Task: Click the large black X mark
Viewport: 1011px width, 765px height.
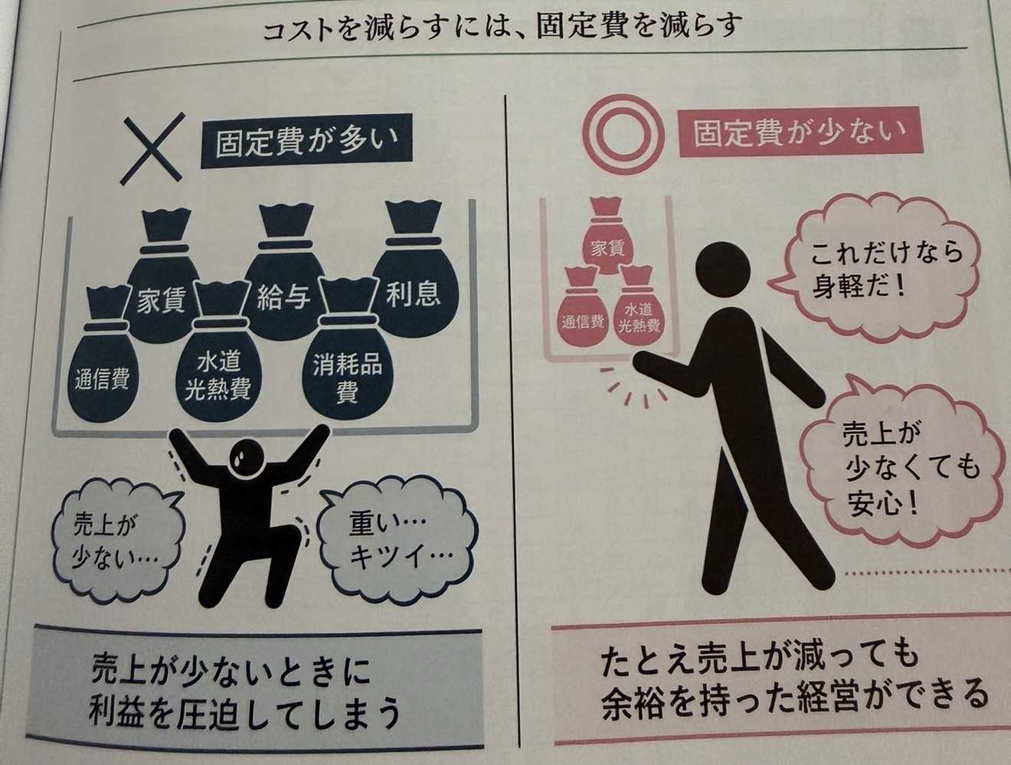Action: (x=153, y=149)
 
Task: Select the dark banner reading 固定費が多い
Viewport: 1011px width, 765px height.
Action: (x=306, y=144)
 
